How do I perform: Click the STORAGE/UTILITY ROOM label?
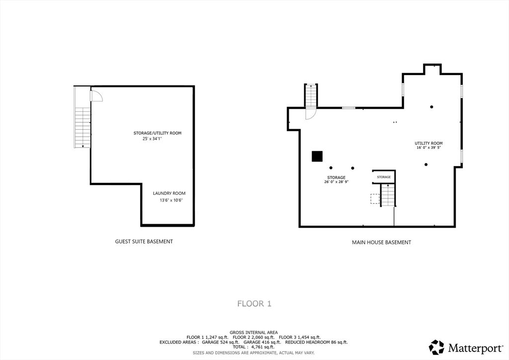click(157, 133)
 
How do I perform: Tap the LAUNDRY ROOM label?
click(169, 193)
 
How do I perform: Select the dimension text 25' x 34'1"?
click(152, 139)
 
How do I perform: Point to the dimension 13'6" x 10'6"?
click(171, 200)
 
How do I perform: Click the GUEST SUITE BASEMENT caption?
click(144, 242)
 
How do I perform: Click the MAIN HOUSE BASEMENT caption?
click(381, 243)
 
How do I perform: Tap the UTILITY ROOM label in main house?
click(428, 143)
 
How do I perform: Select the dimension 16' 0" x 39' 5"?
click(428, 148)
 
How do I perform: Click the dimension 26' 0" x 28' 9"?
click(336, 182)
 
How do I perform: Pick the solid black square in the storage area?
click(317, 156)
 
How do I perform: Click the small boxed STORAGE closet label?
click(383, 177)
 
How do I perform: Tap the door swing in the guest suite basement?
click(96, 96)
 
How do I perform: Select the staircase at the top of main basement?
click(311, 95)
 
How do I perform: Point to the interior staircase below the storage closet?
click(387, 195)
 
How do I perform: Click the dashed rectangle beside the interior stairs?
click(375, 199)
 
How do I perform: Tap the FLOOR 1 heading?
click(254, 303)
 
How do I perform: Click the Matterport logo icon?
click(436, 347)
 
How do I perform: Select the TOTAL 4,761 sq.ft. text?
click(254, 347)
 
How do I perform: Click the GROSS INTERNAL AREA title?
click(254, 332)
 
